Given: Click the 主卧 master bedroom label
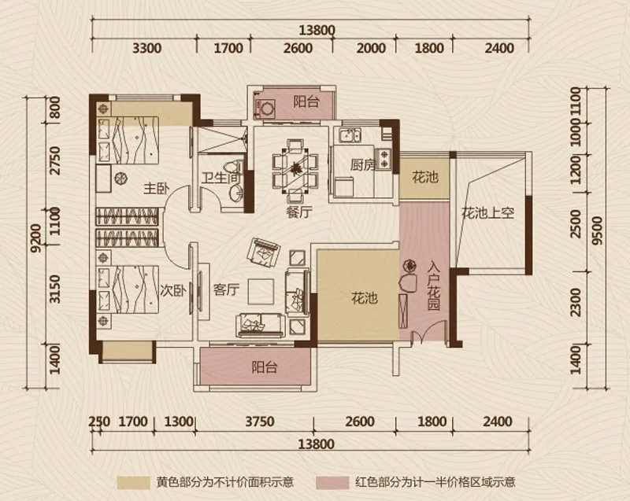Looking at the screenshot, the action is (157, 188).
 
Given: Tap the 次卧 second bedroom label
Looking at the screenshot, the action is (172, 290).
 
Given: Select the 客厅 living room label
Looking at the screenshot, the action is (226, 289).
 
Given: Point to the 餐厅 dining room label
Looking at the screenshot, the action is (299, 212).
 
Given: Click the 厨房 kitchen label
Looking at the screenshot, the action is (363, 165).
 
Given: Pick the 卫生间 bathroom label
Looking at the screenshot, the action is (220, 178).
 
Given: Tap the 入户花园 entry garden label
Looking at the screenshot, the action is (433, 286).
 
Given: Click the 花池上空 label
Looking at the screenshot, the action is (487, 212).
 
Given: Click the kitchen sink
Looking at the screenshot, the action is (350, 135).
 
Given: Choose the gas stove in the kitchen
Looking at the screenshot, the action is (384, 158).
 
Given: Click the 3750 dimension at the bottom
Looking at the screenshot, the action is (260, 422).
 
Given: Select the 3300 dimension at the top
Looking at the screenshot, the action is (147, 48).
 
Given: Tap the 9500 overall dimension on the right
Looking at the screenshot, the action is (598, 230).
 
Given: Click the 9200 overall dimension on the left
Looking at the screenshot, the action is (36, 238).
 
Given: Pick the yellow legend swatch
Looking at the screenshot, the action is (134, 483).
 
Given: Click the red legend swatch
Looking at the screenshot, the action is (332, 483).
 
